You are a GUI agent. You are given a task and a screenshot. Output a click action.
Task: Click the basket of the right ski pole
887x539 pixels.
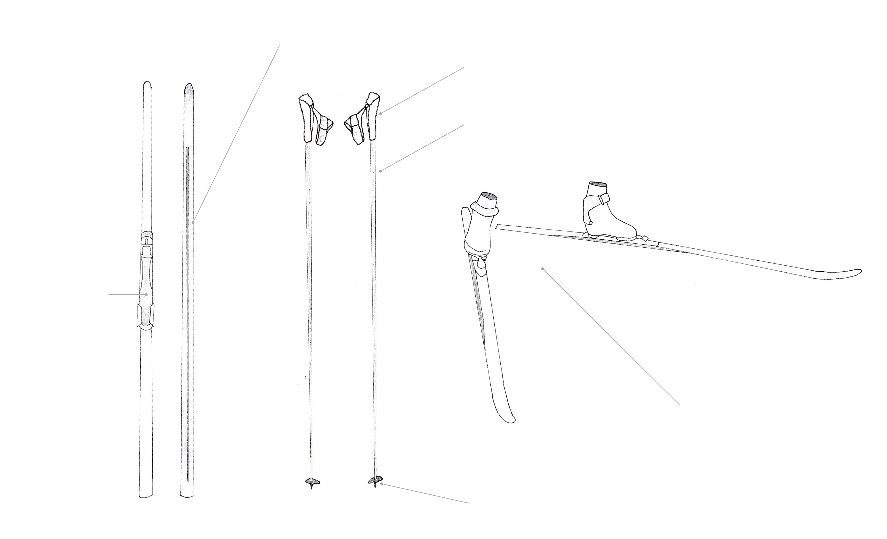(375, 480)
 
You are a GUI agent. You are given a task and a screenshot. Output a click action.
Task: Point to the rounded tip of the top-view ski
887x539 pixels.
(147, 86)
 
